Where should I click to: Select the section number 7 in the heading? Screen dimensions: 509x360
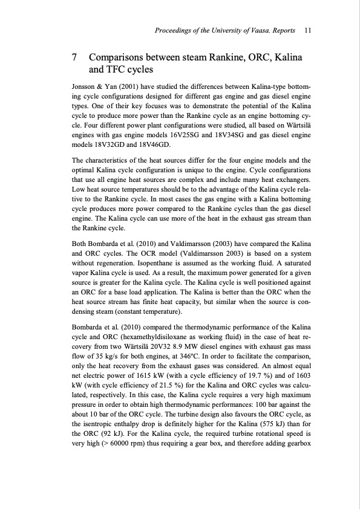click(x=74, y=58)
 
